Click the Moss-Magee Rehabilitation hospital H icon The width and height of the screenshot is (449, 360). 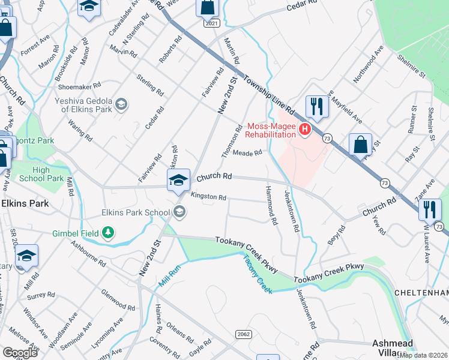pos(305,129)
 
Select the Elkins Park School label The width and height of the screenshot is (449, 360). pos(136,212)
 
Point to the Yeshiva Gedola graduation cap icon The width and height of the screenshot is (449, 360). pos(121,105)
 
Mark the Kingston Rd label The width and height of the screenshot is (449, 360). pos(208,197)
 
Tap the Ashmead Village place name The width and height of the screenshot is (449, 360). pos(394,347)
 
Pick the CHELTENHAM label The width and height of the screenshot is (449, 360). pos(421,292)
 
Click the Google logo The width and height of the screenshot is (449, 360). pos(20,352)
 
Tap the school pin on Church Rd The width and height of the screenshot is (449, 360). pos(178,181)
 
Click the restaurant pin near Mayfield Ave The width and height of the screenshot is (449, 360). pos(316,107)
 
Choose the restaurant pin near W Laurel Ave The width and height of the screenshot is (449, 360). pos(430,210)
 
